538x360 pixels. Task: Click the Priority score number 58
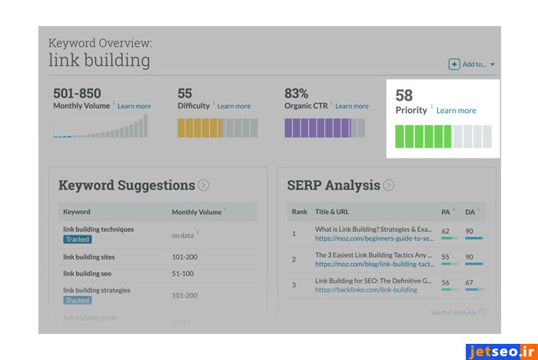404,95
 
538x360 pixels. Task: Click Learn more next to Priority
456,111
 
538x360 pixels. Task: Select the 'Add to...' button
473,65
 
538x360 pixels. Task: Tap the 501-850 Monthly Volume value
77,94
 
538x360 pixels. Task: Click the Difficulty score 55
185,94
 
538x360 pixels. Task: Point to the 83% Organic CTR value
297,94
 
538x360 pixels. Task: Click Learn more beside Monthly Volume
134,106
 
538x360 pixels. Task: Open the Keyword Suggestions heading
127,185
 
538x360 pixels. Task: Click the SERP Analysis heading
334,185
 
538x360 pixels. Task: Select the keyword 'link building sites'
91,257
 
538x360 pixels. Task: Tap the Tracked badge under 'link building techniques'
78,239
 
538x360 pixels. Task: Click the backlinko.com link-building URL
366,290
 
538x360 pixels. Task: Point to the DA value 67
470,282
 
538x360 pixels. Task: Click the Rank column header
299,212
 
